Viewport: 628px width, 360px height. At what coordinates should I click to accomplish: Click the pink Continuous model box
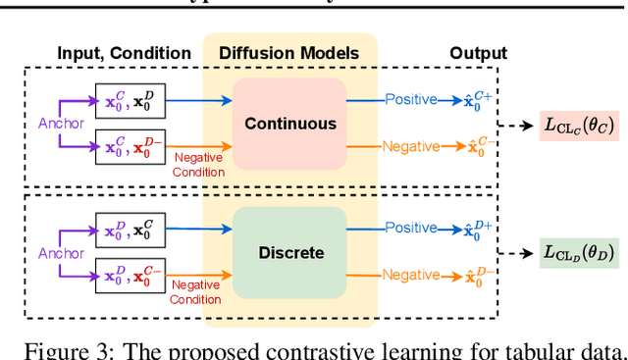point(289,125)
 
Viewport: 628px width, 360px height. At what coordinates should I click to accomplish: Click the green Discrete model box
point(289,252)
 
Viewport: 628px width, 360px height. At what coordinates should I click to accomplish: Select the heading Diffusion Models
point(289,53)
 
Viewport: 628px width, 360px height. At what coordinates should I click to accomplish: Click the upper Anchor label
point(62,124)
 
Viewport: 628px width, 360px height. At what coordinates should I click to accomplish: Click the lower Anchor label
point(62,252)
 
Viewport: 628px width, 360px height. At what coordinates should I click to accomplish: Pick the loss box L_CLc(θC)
point(578,125)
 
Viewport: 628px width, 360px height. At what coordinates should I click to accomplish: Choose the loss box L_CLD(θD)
point(578,253)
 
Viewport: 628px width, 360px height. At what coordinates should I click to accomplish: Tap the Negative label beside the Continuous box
point(410,148)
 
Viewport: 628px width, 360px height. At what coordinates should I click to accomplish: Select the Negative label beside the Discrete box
point(410,276)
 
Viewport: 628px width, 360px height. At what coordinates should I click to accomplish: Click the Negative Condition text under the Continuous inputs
point(198,165)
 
